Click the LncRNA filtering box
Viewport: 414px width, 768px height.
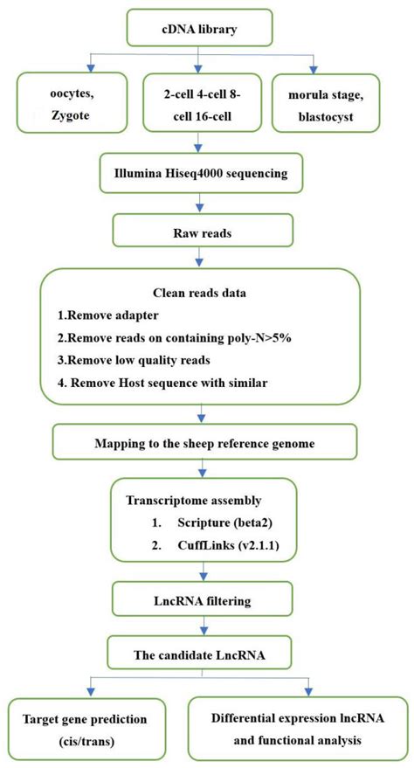click(x=203, y=600)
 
